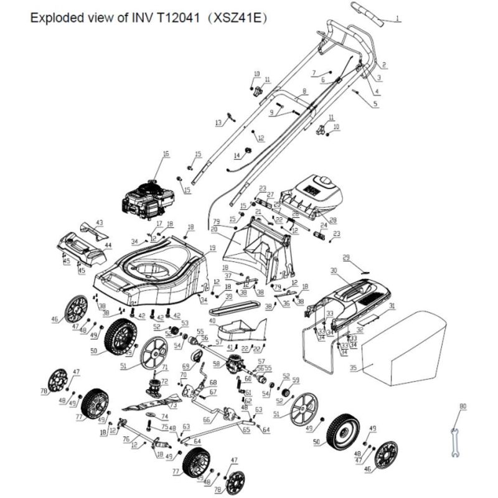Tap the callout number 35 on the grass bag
[x=353, y=368]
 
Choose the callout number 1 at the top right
[x=397, y=19]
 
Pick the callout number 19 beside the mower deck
[x=212, y=248]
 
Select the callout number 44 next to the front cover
[x=108, y=246]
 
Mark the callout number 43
[x=100, y=222]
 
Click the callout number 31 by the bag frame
[x=392, y=306]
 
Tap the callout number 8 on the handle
[x=304, y=92]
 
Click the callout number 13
[x=218, y=123]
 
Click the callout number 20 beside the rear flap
[x=214, y=229]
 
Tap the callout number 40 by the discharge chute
[x=212, y=321]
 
